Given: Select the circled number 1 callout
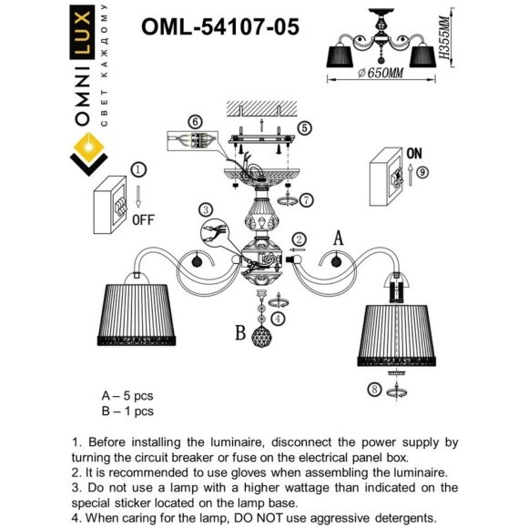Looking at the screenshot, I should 137,169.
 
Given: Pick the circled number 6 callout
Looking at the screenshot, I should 194,122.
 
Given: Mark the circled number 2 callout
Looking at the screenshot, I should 300,239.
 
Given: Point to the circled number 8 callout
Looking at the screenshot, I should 373,390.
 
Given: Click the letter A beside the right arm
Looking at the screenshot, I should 339,239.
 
